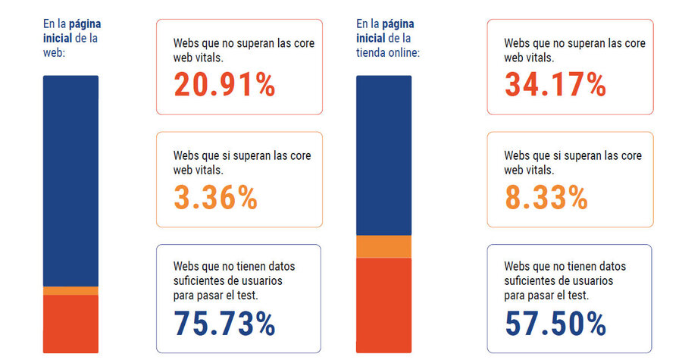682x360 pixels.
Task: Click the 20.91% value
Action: pyautogui.click(x=224, y=85)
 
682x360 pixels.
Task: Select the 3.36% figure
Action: pyautogui.click(x=216, y=197)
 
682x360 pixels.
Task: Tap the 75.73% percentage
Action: pyautogui.click(x=224, y=324)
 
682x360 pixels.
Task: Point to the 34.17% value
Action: pyautogui.click(x=555, y=85)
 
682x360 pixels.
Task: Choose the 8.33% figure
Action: pyautogui.click(x=546, y=197)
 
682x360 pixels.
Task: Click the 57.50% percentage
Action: pyautogui.click(x=555, y=324)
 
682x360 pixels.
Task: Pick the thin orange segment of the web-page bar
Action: pyautogui.click(x=70, y=290)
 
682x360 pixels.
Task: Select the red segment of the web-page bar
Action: pyautogui.click(x=70, y=324)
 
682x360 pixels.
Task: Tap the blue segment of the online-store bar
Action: pyautogui.click(x=383, y=155)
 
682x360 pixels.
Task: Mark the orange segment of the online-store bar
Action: pyautogui.click(x=383, y=247)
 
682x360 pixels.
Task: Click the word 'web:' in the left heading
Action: pyautogui.click(x=55, y=52)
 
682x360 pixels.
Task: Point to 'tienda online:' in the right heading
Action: pyautogui.click(x=388, y=52)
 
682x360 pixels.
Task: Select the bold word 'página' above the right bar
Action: pyautogui.click(x=398, y=23)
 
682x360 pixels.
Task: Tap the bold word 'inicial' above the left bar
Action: pyautogui.click(x=58, y=38)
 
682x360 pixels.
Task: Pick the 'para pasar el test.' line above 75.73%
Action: pyautogui.click(x=216, y=296)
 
